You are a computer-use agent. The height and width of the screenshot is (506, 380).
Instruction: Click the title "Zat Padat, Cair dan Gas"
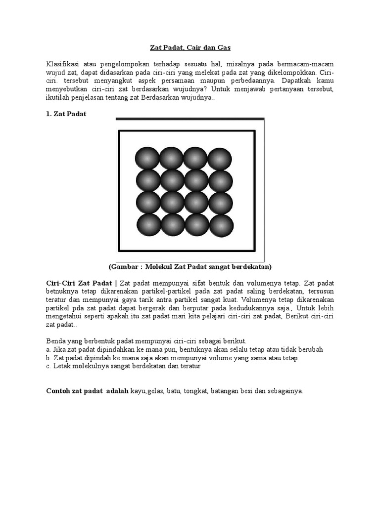190,47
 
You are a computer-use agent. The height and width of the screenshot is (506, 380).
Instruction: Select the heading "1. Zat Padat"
66,114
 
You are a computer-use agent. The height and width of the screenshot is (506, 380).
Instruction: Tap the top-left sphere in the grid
148,159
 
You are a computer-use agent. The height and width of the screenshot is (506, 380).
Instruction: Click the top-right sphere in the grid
220,159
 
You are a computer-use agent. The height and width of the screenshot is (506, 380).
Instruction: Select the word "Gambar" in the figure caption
125,267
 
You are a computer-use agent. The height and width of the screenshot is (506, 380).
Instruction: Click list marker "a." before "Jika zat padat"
48,349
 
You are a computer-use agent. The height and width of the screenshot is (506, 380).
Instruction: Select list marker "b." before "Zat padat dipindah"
48,358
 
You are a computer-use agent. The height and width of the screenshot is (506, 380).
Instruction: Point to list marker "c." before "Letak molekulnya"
48,367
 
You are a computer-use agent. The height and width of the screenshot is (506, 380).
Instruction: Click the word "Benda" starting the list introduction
55,341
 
